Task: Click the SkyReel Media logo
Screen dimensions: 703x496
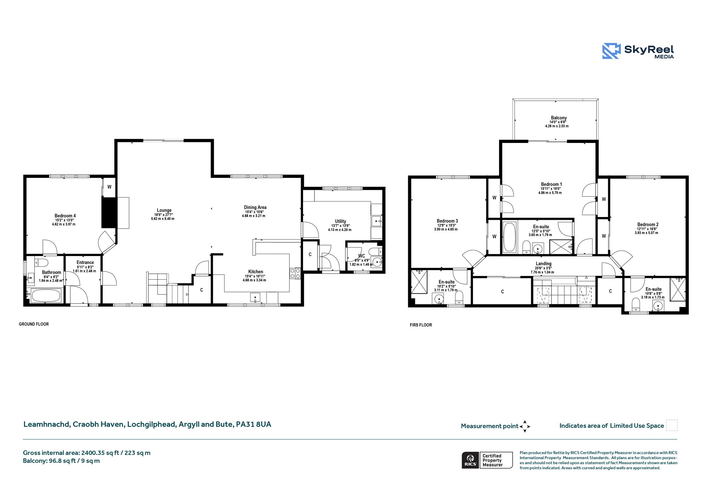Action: click(638, 51)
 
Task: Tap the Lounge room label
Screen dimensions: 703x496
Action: click(164, 210)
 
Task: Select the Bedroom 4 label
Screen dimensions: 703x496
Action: click(65, 216)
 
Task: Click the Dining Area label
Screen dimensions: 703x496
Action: click(255, 207)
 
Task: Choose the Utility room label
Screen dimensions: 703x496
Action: click(341, 221)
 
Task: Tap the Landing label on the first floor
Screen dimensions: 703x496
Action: click(543, 264)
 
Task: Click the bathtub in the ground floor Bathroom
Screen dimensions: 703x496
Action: click(46, 295)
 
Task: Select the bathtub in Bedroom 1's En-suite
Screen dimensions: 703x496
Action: click(509, 237)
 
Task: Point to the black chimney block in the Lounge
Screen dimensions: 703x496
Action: click(110, 213)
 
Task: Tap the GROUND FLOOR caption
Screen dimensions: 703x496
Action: click(34, 324)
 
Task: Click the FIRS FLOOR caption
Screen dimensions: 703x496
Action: click(421, 325)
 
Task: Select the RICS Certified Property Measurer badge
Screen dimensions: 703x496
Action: click(487, 460)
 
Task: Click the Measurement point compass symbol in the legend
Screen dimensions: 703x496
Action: click(525, 426)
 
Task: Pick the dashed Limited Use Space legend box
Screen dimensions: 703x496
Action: click(672, 425)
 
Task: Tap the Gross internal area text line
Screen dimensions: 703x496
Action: click(87, 453)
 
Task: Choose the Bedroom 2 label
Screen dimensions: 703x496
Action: click(648, 225)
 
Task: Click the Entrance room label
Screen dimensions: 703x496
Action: click(85, 262)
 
